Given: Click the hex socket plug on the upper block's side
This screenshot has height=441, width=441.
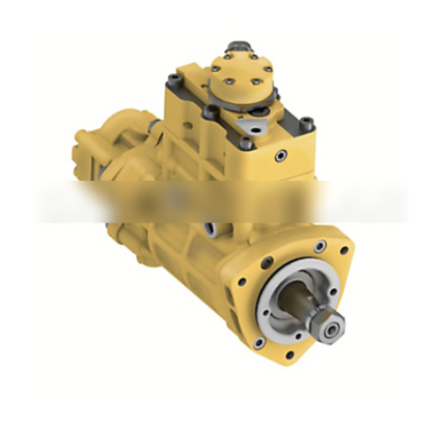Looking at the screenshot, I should pyautogui.click(x=280, y=155).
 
